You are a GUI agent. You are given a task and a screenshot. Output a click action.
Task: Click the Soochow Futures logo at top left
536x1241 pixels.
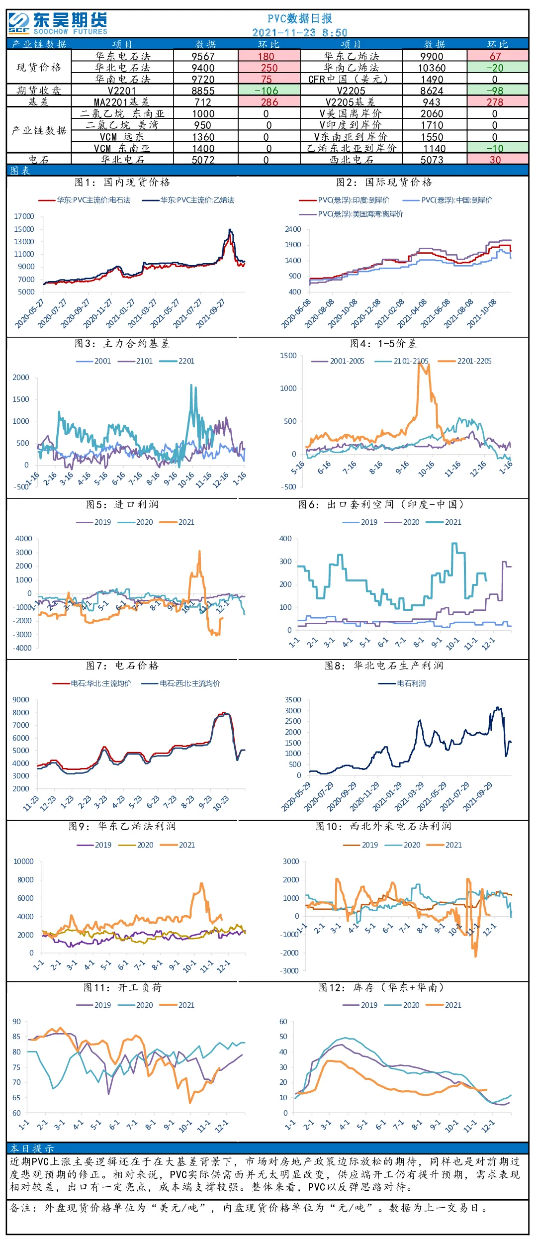pyautogui.click(x=58, y=23)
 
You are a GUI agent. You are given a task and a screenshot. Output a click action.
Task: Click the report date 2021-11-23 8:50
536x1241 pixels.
pyautogui.click(x=300, y=33)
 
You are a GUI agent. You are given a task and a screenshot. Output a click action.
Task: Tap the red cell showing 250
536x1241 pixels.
pyautogui.click(x=269, y=68)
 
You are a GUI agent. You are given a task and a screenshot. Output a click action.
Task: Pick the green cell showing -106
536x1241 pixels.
pyautogui.click(x=269, y=91)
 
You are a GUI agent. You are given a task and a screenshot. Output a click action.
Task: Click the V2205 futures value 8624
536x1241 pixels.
pyautogui.click(x=432, y=91)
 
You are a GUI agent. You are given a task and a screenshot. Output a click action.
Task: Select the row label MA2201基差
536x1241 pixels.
pyautogui.click(x=121, y=102)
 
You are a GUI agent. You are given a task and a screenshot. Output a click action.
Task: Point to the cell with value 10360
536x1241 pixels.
pyautogui.click(x=432, y=68)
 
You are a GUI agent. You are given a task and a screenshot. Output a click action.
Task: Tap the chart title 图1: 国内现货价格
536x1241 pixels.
pyautogui.click(x=122, y=183)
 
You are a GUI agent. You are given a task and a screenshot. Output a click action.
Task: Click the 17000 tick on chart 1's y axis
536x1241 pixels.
pyautogui.click(x=24, y=216)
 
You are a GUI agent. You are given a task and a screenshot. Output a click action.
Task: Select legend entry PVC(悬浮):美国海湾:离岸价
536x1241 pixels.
pyautogui.click(x=351, y=214)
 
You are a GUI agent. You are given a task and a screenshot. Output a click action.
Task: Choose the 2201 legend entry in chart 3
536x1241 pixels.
pyautogui.click(x=177, y=361)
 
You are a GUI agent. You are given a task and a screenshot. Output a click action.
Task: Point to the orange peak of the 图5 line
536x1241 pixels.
pyautogui.click(x=199, y=551)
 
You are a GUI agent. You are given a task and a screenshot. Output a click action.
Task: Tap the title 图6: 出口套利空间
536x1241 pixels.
pyautogui.click(x=381, y=504)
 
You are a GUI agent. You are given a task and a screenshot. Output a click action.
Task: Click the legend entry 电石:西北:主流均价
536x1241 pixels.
pyautogui.click(x=181, y=683)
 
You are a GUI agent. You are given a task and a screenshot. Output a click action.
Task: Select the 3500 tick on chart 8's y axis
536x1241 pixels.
pyautogui.click(x=293, y=700)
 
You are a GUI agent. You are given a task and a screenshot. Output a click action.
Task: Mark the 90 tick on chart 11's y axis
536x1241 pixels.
pyautogui.click(x=17, y=1022)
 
